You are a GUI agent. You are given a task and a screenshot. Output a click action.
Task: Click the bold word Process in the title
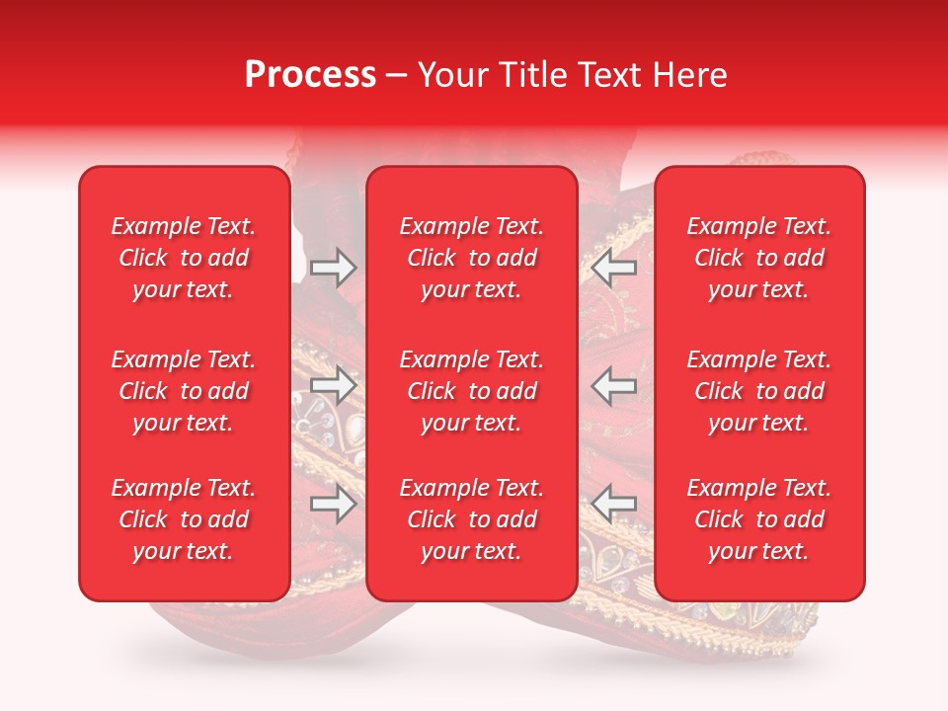(x=310, y=75)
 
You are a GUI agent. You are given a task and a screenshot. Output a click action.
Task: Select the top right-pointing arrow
(x=333, y=267)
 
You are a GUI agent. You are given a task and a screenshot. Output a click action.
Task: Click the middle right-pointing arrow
(x=333, y=386)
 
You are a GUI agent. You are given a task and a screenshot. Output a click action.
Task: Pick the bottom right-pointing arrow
(x=333, y=504)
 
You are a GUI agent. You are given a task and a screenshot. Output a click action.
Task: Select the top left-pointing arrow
(x=613, y=267)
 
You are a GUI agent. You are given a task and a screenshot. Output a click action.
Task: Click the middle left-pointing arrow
(x=613, y=386)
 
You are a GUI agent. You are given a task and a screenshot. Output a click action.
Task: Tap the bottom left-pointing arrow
(x=613, y=504)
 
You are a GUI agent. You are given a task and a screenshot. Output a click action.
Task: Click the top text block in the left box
(x=184, y=258)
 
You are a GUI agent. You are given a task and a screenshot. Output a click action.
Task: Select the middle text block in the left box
(x=184, y=391)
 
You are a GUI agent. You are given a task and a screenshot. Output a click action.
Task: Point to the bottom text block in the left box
(x=184, y=519)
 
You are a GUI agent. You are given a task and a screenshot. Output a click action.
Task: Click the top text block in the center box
(x=472, y=258)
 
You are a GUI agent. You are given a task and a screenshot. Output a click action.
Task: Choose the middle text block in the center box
(x=472, y=391)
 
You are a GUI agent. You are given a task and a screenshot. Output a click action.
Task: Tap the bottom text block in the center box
(x=472, y=519)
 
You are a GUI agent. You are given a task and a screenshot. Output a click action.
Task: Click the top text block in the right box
(x=759, y=258)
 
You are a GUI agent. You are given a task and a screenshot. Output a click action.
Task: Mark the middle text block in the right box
(x=759, y=391)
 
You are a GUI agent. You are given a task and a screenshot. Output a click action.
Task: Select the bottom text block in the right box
(x=759, y=519)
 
